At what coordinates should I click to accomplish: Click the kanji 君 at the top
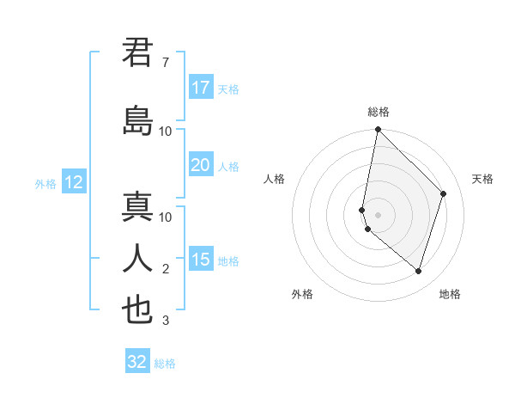coord(137,53)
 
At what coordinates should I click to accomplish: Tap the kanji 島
coord(137,120)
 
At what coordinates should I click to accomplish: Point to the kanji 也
coord(137,309)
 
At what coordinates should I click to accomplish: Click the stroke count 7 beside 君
coord(165,63)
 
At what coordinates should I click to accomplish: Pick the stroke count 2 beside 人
coord(165,269)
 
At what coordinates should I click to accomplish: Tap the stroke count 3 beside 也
coord(165,321)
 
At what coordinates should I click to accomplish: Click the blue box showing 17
coord(201,88)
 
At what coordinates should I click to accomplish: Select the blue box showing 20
coord(201,166)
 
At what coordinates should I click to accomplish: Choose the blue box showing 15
coord(201,260)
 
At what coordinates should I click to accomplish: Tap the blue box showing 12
coord(73,182)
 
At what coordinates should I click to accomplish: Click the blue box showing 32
coord(137,362)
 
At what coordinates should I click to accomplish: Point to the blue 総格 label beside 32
coord(165,364)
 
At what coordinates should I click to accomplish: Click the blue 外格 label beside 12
coord(45,183)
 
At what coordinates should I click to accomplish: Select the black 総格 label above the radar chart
coord(379,112)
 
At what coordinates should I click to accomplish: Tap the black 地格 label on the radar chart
coord(450,294)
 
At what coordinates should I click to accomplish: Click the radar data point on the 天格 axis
coord(444,193)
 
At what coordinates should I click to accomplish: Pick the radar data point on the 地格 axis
coord(419,271)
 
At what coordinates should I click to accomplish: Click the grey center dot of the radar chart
coord(379,214)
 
